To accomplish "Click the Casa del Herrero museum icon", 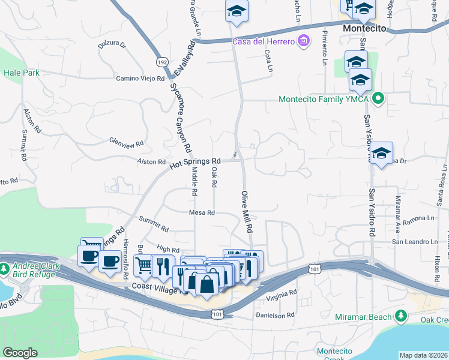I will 304,41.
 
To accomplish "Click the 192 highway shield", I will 161,62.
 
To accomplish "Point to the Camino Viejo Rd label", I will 140,79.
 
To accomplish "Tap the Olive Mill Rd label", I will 247,212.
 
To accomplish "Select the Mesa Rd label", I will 202,213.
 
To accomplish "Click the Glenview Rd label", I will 126,143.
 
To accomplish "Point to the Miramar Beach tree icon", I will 401,316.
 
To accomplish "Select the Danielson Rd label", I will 276,314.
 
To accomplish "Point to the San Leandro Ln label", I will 415,242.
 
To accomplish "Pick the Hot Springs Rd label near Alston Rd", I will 195,162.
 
